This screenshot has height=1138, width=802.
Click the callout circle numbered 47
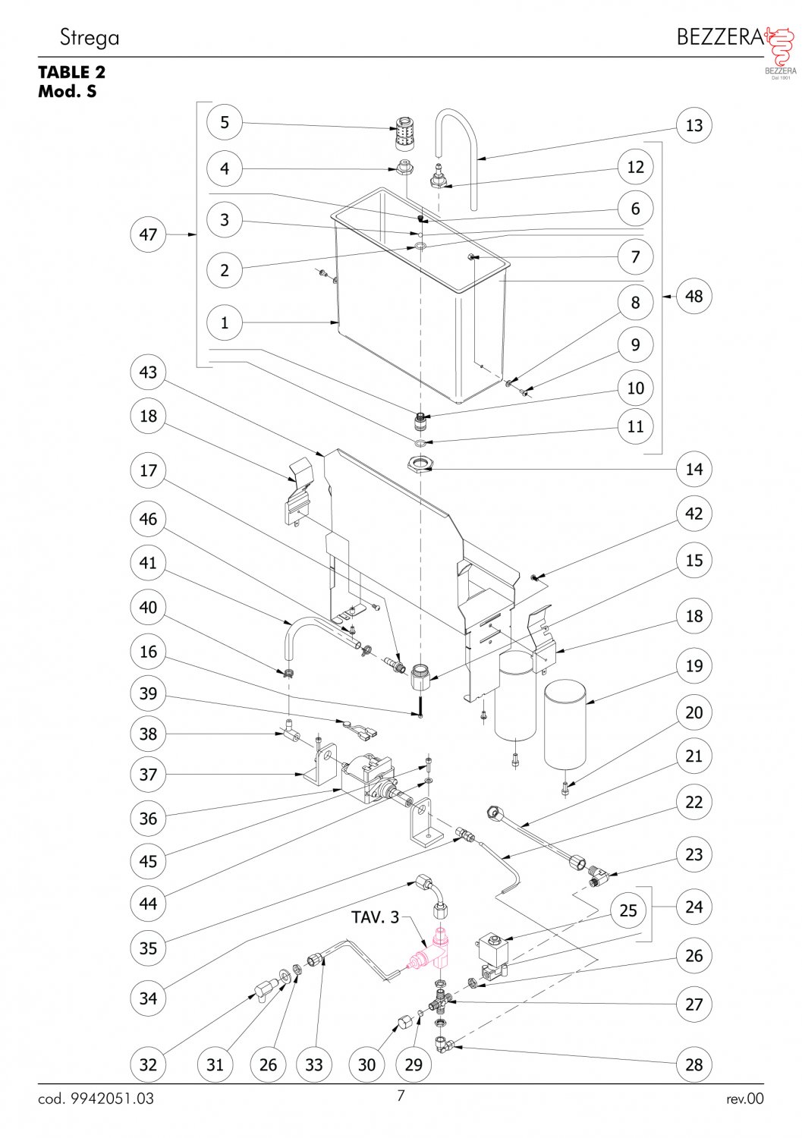(148, 234)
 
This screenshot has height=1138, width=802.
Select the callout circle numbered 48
(694, 296)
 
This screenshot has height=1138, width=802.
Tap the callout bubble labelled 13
(694, 125)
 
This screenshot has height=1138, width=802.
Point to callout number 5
(225, 122)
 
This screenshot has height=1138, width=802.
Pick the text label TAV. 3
(375, 917)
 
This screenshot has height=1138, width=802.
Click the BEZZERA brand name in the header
(719, 36)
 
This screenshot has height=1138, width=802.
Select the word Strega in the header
(90, 37)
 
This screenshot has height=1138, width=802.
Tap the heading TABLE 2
(72, 72)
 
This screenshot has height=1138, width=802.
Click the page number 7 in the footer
(401, 1095)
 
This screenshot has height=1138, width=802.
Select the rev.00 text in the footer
(744, 1099)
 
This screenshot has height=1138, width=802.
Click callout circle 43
(148, 373)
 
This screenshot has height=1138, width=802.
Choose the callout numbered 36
(148, 819)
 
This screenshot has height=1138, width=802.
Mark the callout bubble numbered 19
(694, 666)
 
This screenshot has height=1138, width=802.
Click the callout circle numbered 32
(148, 1064)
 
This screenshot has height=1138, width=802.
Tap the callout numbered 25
(628, 910)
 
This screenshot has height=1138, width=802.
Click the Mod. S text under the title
(68, 92)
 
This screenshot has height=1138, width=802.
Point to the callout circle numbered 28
(694, 1064)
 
